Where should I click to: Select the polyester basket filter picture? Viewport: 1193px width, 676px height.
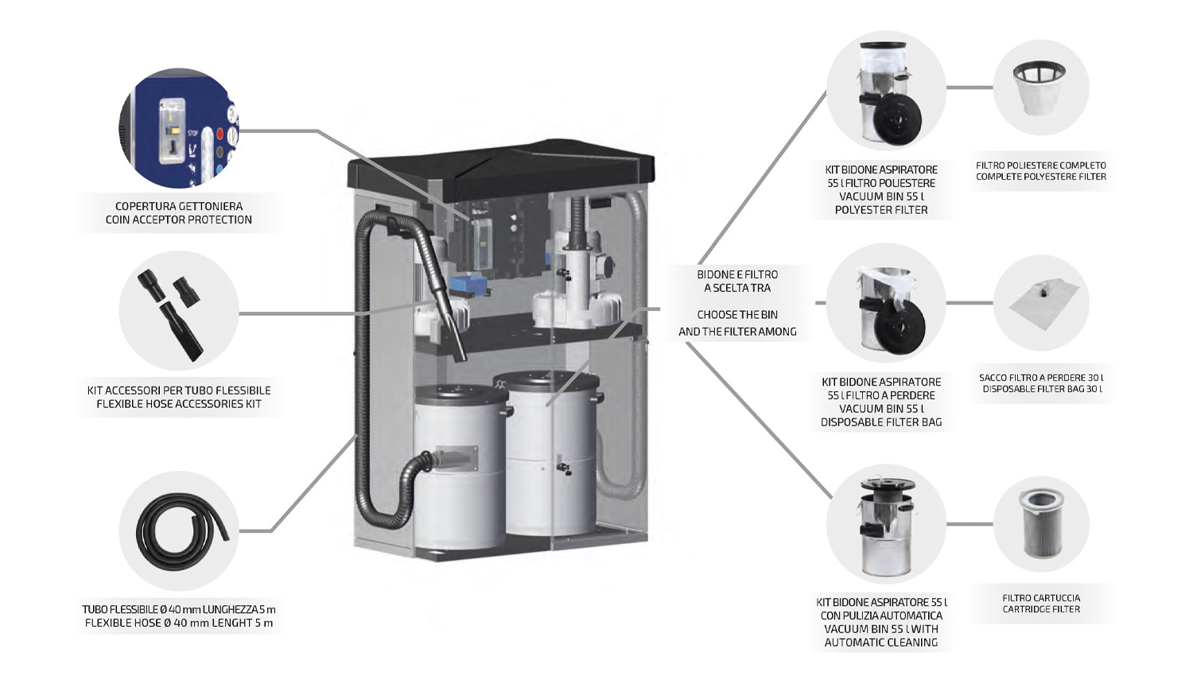click(x=1040, y=87)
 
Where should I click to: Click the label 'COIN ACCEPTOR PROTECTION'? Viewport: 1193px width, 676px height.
click(x=179, y=220)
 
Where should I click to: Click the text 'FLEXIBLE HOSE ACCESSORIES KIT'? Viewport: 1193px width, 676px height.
click(x=179, y=404)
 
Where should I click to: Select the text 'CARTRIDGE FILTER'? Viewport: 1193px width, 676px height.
click(x=1041, y=609)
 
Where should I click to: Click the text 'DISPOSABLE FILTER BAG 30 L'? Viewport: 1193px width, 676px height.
click(x=1042, y=389)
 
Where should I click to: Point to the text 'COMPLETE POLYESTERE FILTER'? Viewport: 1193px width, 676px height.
click(x=1041, y=177)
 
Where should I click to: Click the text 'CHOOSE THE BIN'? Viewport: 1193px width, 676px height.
click(x=737, y=314)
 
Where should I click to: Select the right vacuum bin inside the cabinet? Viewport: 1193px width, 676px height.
click(x=550, y=453)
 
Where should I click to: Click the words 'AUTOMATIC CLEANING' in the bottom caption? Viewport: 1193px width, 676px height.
click(x=881, y=642)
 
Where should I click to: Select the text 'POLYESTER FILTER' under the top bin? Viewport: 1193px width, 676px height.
click(x=881, y=210)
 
